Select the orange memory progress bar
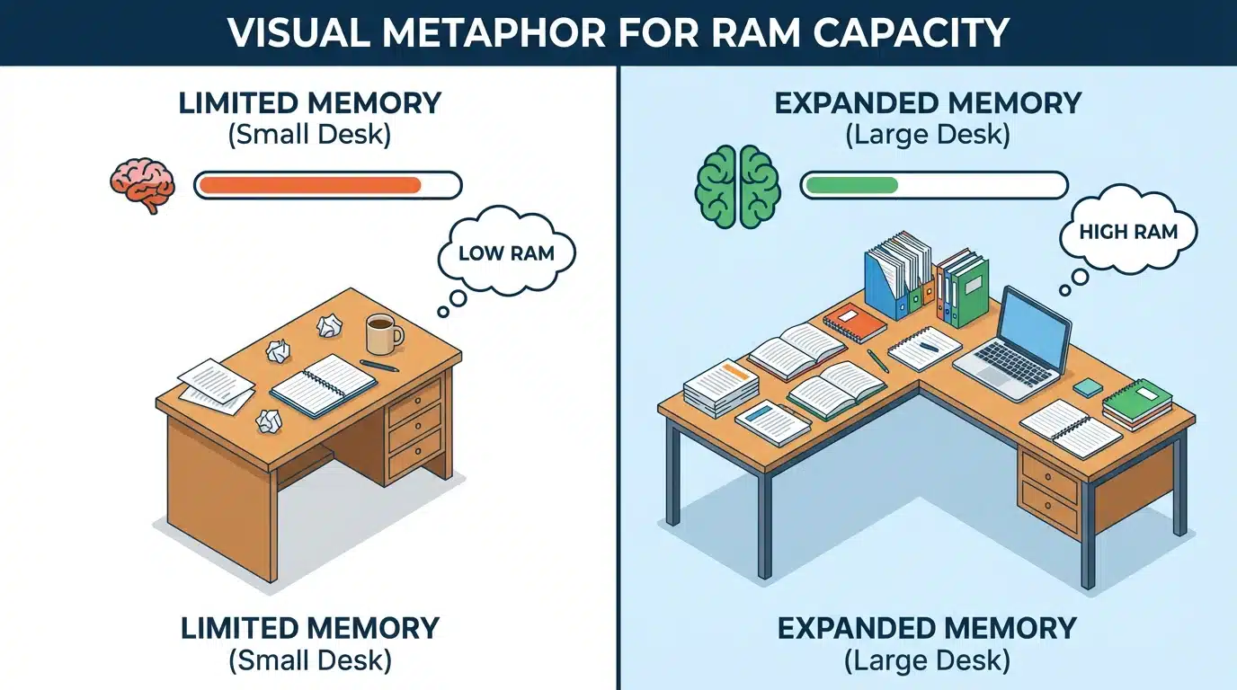(x=310, y=186)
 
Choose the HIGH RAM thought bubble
(x=1129, y=232)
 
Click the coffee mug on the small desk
(x=382, y=334)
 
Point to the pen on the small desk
(x=379, y=366)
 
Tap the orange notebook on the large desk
(x=856, y=323)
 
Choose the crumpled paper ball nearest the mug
(x=328, y=328)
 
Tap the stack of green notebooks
(x=1137, y=403)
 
